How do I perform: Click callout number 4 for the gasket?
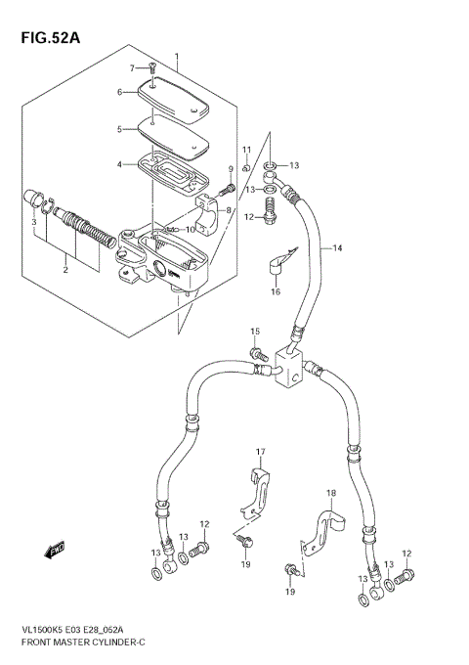pos(120,164)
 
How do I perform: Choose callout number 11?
pos(247,149)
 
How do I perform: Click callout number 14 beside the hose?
pos(337,249)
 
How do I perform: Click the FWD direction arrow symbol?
pos(54,551)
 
